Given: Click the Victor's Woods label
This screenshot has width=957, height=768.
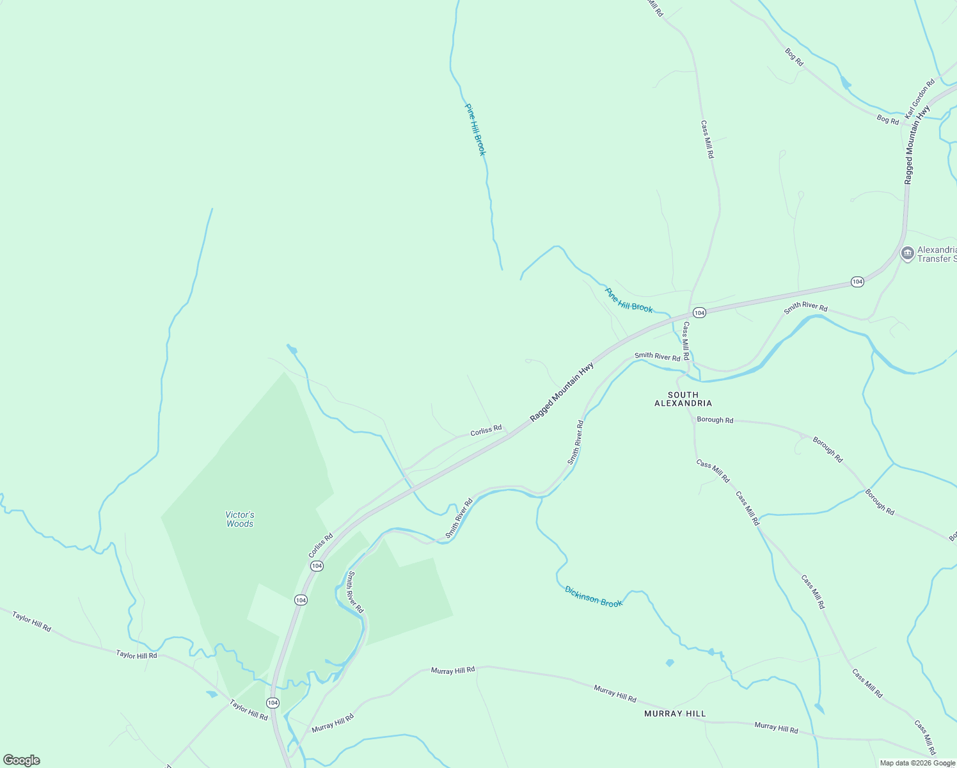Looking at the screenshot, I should pyautogui.click(x=240, y=519).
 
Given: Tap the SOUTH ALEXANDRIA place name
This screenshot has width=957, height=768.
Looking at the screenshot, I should pyautogui.click(x=683, y=399).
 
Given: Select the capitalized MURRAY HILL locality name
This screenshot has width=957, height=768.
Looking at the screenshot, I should pyautogui.click(x=675, y=714).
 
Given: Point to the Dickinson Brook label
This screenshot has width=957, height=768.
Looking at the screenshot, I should pyautogui.click(x=593, y=596).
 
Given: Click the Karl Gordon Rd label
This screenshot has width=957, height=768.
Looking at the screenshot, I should pyautogui.click(x=920, y=98).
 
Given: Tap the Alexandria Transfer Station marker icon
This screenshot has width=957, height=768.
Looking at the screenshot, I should pyautogui.click(x=907, y=253).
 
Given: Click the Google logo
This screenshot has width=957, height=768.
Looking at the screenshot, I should pyautogui.click(x=21, y=760).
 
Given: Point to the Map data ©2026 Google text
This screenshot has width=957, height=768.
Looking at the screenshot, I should pyautogui.click(x=917, y=763).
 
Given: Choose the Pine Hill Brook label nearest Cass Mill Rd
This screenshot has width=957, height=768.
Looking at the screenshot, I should pyautogui.click(x=629, y=300).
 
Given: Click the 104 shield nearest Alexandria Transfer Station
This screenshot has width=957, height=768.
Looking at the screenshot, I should pyautogui.click(x=857, y=282).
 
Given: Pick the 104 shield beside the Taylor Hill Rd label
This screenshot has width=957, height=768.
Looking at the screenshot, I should pyautogui.click(x=273, y=703).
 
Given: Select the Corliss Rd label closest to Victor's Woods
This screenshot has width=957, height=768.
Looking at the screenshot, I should pyautogui.click(x=320, y=545).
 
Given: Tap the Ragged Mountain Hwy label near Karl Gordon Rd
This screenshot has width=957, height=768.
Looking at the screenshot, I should pyautogui.click(x=916, y=145).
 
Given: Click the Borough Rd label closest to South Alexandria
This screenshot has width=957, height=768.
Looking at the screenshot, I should pyautogui.click(x=715, y=420).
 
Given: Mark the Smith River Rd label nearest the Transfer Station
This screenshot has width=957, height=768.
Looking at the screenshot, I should pyautogui.click(x=805, y=307).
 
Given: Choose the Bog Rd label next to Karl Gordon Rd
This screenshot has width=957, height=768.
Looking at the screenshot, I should pyautogui.click(x=887, y=120).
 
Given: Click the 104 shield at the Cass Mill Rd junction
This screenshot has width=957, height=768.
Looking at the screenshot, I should pyautogui.click(x=699, y=313).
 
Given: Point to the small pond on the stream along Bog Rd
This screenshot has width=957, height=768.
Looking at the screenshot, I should pyautogui.click(x=846, y=83).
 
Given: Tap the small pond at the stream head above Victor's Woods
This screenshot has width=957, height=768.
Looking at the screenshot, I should pyautogui.click(x=292, y=349).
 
